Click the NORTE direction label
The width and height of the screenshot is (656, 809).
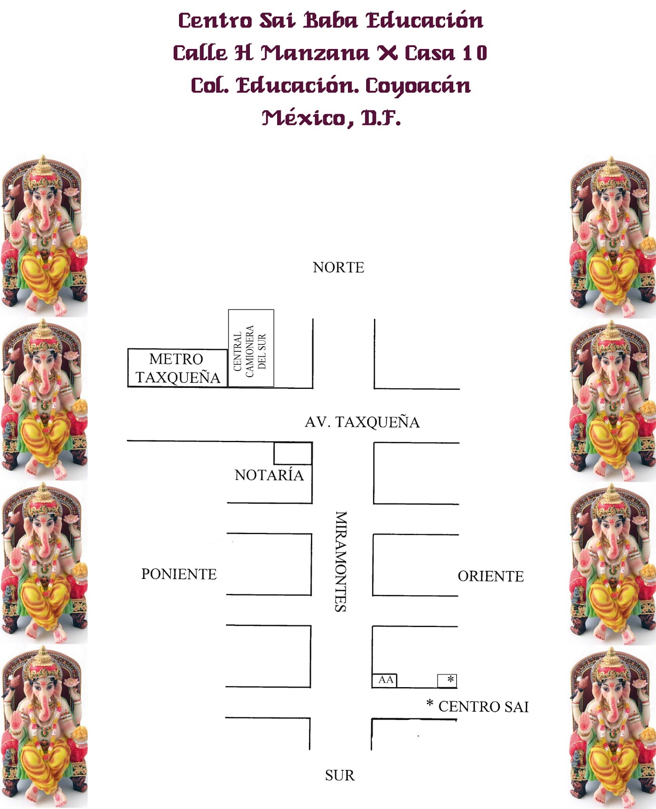338,267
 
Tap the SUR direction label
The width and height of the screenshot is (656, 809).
339,775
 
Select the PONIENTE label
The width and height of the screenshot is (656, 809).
179,574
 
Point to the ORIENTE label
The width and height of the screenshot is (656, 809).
491,576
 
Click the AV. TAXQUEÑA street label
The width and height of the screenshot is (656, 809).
362,422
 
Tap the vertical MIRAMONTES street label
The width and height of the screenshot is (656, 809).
341,561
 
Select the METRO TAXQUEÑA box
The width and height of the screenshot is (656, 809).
177,368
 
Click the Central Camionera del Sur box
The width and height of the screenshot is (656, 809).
251,348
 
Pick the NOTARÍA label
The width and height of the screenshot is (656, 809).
269,475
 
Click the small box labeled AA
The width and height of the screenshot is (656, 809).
385,680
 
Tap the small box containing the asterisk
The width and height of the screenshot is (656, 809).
447,681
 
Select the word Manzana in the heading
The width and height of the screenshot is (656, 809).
315,53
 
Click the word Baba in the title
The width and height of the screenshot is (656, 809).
331,21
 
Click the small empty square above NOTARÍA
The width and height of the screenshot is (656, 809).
292,454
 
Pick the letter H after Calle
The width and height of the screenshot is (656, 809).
243,53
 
